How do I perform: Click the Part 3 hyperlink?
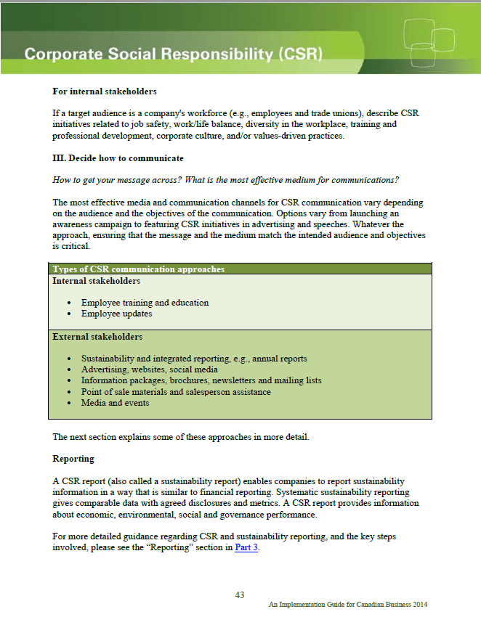click(246, 547)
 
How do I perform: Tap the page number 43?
click(240, 595)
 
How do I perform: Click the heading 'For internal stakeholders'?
click(105, 92)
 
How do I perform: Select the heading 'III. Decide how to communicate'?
click(118, 158)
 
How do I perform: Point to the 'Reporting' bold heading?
click(73, 459)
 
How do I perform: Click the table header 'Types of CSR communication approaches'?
click(138, 269)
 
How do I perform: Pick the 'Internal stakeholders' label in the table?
click(96, 280)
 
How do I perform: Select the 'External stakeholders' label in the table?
click(97, 337)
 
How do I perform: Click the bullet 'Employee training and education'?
click(145, 302)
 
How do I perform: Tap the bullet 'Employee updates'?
click(116, 314)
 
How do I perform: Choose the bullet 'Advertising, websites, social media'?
click(150, 369)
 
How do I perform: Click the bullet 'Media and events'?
click(116, 403)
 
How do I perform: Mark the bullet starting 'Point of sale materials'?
click(176, 392)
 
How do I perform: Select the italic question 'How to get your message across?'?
click(121, 179)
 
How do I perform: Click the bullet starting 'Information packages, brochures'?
click(201, 380)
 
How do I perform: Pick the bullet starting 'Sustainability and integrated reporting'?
click(194, 359)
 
